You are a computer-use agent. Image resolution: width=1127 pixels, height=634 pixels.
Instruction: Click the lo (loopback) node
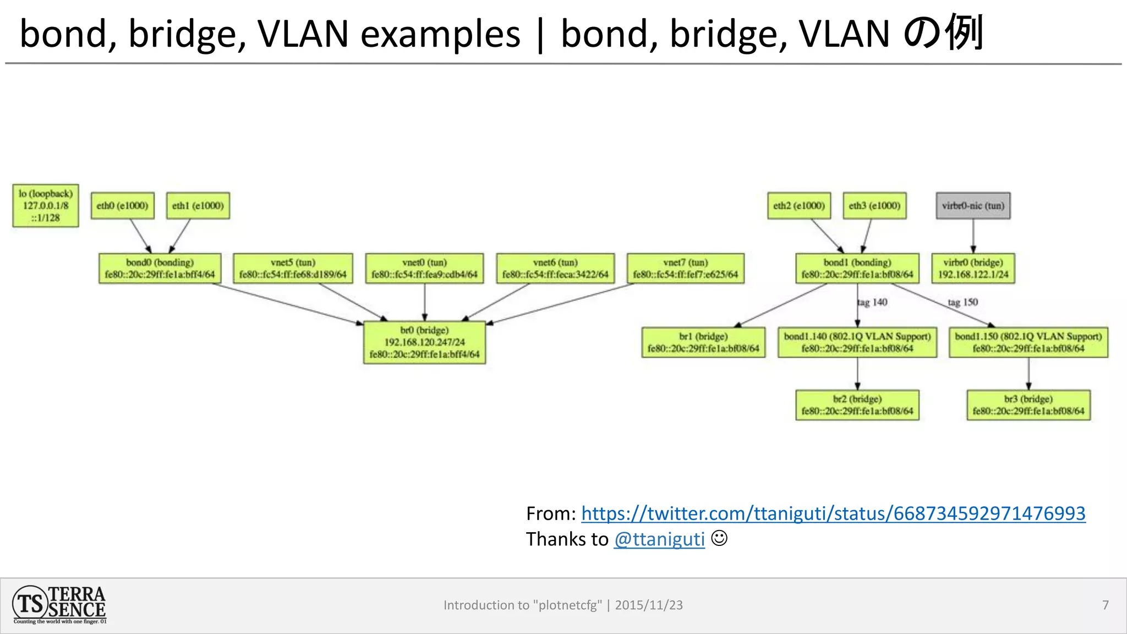[46, 206]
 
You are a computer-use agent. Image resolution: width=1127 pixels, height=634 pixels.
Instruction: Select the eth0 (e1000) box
[122, 206]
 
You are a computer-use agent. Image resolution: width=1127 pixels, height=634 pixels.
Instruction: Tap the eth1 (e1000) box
[198, 206]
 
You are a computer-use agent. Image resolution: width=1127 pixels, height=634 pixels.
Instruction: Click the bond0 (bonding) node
[160, 269]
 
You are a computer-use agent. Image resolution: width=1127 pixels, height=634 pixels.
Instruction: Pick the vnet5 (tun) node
[293, 269]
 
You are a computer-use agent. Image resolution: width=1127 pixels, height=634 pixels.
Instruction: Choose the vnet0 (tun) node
[424, 269]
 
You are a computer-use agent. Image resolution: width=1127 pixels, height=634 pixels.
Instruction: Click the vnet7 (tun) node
[685, 269]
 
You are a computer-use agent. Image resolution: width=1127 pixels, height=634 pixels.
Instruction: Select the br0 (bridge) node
[424, 342]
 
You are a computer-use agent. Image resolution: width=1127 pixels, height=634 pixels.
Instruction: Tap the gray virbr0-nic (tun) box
[973, 206]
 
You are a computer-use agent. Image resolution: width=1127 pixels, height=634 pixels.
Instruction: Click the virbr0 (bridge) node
[973, 269]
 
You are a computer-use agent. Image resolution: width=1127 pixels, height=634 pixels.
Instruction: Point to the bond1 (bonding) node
[857, 269]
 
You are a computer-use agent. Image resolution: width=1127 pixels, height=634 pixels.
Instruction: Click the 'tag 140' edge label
[873, 302]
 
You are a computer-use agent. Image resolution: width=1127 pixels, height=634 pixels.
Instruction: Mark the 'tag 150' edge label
[963, 302]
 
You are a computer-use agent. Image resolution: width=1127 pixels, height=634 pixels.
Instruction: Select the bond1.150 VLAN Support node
[1028, 342]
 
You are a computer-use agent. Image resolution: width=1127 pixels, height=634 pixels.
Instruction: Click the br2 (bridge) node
[857, 405]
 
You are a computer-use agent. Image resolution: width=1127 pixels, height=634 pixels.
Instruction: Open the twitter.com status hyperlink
[833, 513]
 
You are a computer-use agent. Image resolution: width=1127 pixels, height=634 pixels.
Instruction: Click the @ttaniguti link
[659, 539]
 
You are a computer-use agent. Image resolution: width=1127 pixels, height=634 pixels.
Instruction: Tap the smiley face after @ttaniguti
[719, 538]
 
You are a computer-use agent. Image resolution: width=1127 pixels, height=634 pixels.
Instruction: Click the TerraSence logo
[59, 605]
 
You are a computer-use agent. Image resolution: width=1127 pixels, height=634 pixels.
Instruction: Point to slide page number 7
[1105, 605]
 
